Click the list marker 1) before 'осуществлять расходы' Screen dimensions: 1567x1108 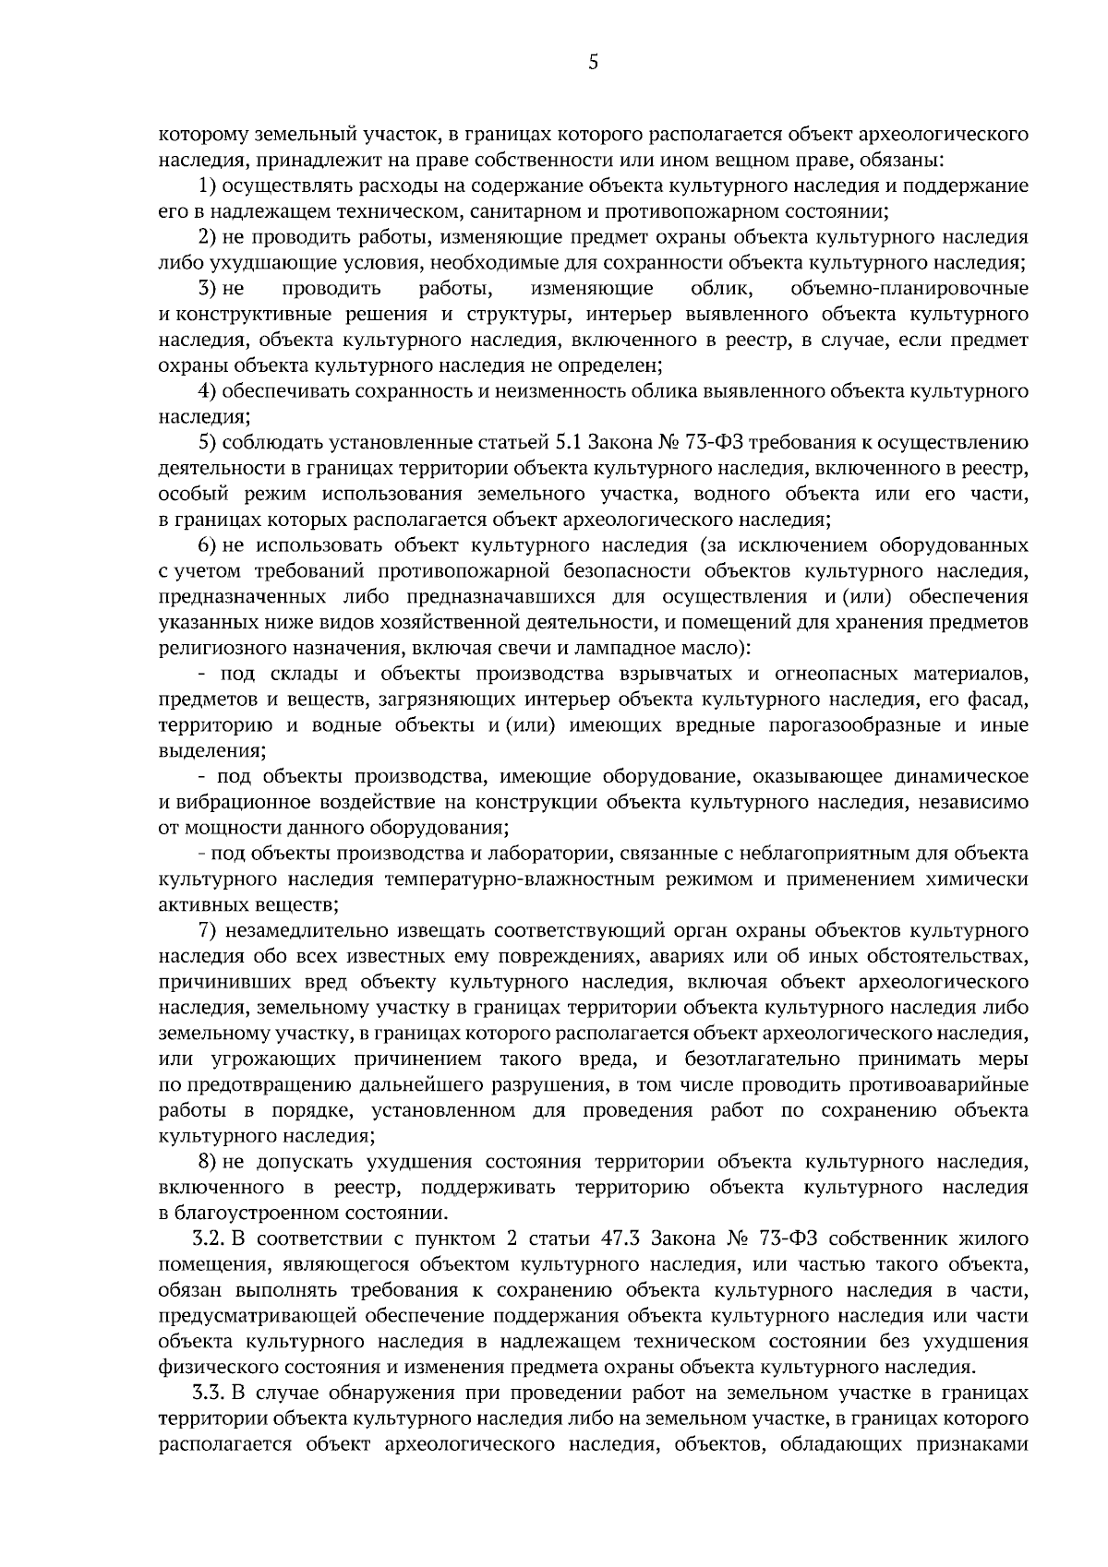[208, 185]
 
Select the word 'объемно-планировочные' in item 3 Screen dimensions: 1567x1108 [909, 289]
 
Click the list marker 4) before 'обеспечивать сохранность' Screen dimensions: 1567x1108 [208, 391]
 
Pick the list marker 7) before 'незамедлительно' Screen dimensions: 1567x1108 [208, 929]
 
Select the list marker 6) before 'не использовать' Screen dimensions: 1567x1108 [208, 546]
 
